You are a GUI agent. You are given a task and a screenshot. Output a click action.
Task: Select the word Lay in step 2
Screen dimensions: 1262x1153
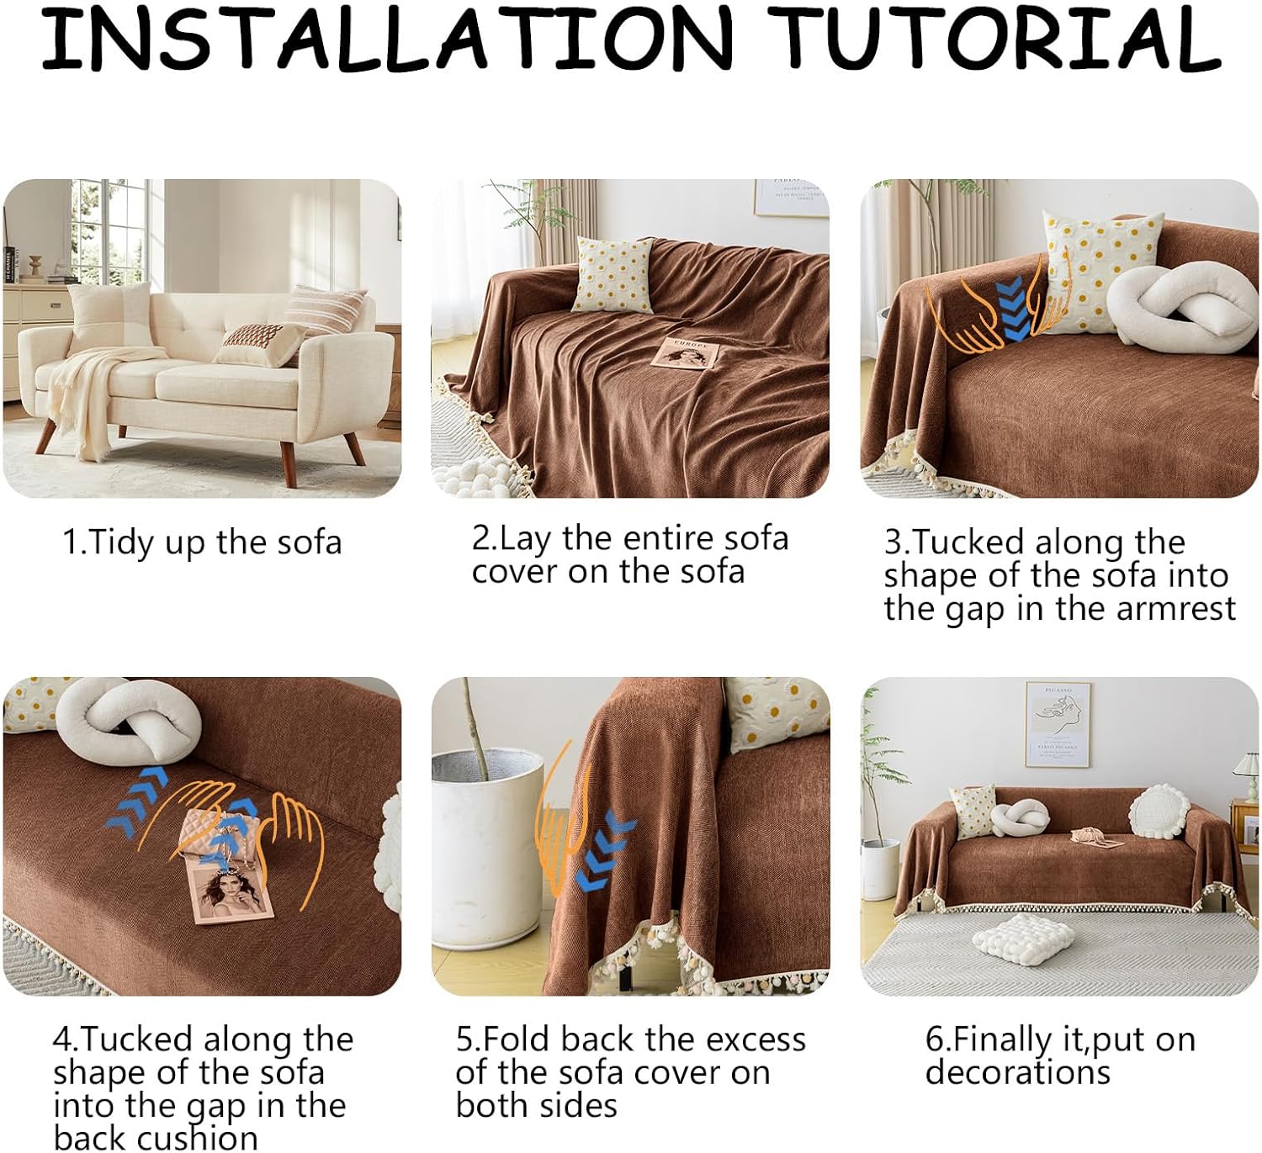(x=525, y=540)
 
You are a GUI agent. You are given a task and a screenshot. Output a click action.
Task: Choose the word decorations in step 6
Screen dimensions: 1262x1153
(x=1018, y=1072)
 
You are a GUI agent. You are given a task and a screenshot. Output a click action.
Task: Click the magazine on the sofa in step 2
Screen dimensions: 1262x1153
(x=684, y=353)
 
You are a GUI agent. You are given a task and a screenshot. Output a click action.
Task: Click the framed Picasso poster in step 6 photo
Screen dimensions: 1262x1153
(x=1058, y=725)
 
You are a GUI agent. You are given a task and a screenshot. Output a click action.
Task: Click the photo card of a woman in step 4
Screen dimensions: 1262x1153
(x=231, y=890)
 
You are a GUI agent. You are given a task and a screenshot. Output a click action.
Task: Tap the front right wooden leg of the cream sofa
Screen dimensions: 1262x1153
(x=288, y=463)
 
